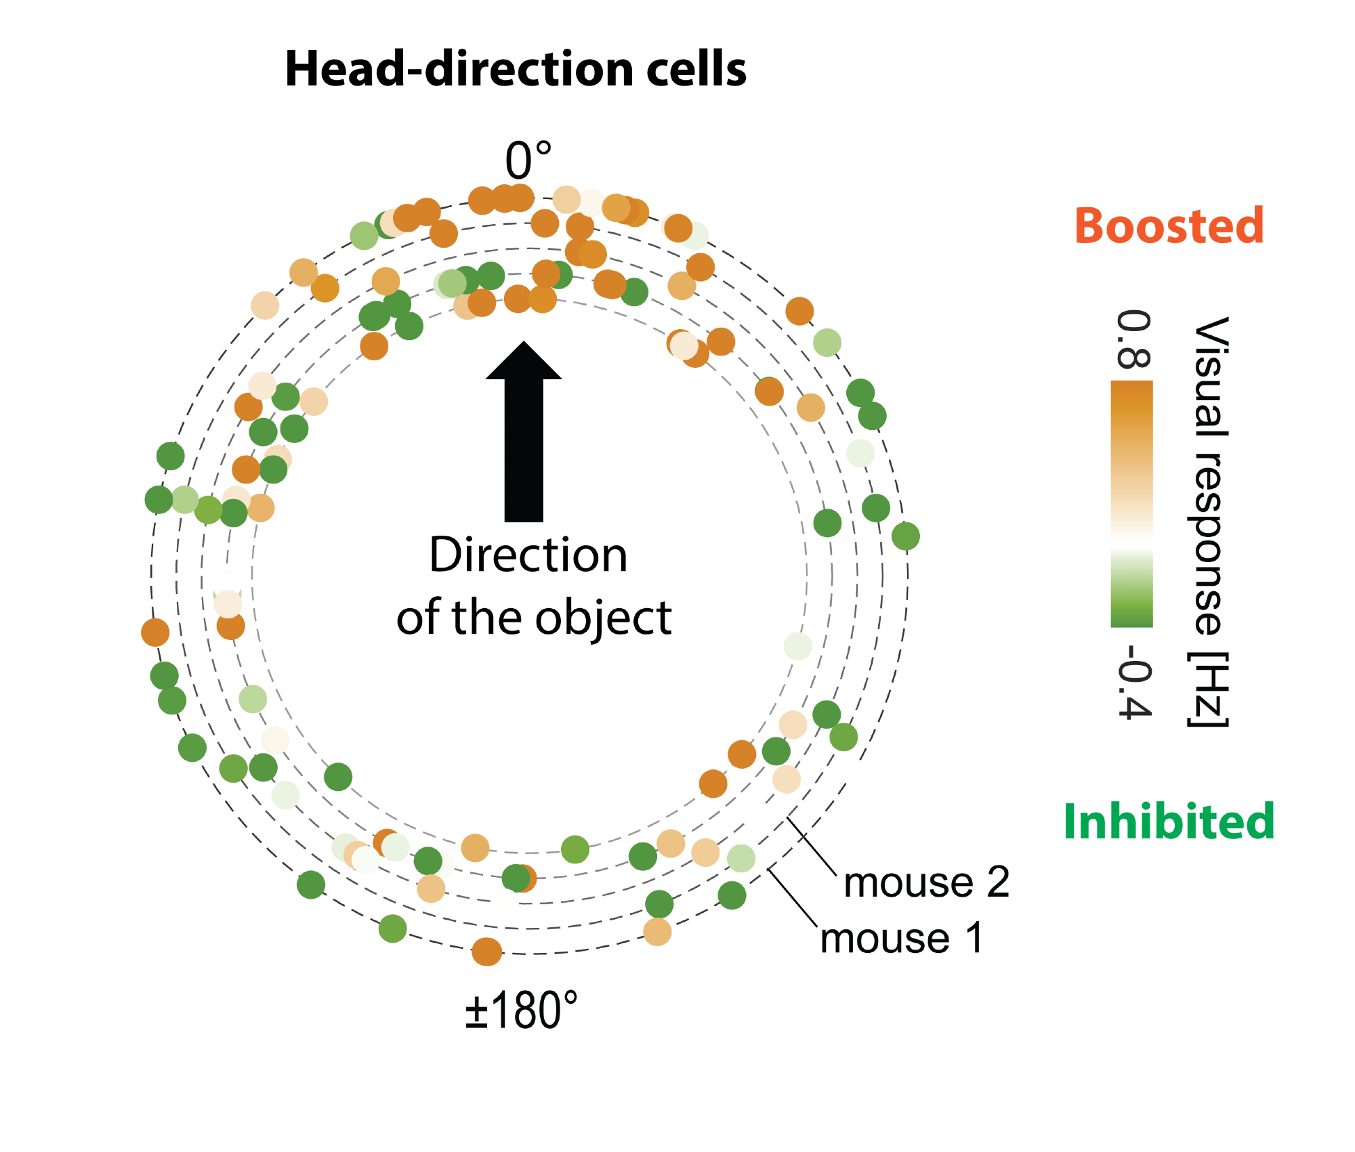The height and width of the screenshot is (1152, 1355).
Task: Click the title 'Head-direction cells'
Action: (x=515, y=69)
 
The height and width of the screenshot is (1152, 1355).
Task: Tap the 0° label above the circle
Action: (x=528, y=161)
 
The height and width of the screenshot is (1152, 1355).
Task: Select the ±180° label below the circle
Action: (x=521, y=1010)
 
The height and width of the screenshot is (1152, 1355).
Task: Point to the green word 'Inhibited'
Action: (x=1169, y=821)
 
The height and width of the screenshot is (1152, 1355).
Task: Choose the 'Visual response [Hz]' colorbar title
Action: (x=1209, y=521)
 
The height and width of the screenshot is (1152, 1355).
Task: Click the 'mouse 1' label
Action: (x=901, y=939)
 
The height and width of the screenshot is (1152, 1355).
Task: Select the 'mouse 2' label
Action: (x=926, y=882)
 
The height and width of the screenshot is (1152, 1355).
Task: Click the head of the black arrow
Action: (x=524, y=362)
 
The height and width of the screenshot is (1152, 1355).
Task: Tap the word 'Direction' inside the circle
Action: (x=528, y=555)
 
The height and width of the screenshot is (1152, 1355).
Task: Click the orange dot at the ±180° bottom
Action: (x=486, y=952)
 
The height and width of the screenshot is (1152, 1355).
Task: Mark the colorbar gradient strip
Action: (x=1131, y=504)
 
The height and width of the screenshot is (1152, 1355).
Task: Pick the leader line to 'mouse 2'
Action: (x=812, y=848)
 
